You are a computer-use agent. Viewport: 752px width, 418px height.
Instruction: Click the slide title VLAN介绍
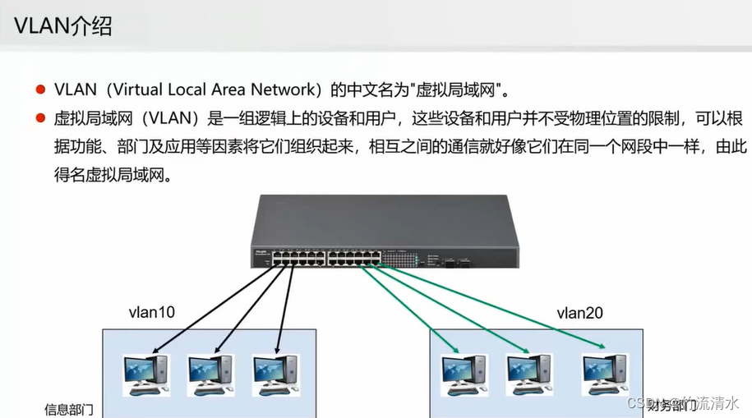64,26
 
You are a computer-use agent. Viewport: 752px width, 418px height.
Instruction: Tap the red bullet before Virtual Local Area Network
39,89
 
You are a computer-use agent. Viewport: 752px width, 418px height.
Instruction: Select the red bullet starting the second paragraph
39,119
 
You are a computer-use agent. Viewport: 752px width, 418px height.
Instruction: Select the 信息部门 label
69,408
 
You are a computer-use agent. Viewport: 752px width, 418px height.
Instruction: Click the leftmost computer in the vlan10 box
146,374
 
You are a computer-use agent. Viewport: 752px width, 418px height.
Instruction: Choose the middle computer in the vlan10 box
211,374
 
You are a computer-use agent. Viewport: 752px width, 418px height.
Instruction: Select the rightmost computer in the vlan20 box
605,374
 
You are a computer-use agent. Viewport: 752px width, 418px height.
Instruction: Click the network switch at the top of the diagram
385,232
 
